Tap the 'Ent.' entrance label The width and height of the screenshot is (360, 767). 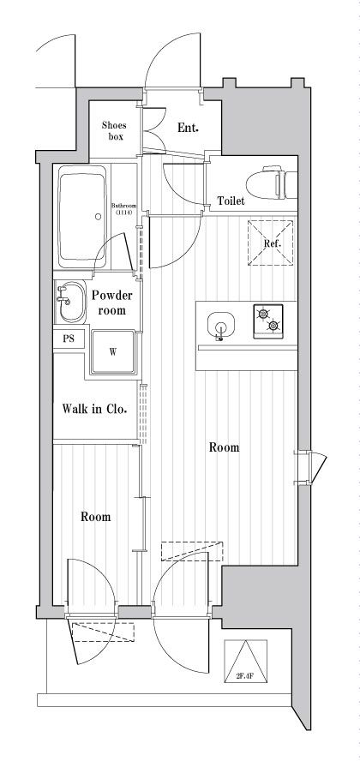coord(188,128)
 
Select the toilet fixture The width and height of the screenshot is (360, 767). coord(271,185)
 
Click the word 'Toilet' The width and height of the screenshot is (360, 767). coord(231,201)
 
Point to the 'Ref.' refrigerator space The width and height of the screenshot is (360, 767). coord(271,243)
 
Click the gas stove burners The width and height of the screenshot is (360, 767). coord(267,321)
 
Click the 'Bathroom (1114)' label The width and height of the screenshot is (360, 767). coord(123,209)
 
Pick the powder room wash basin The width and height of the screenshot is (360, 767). coord(70,302)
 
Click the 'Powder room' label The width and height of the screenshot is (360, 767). coord(112,303)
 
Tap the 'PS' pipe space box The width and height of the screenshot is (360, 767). coord(69,339)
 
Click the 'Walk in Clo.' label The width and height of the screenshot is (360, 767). coord(94,409)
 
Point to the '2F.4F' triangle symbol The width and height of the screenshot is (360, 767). coord(246,662)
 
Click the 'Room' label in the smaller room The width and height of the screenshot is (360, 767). coord(95,517)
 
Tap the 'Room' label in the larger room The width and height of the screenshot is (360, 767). coord(225,447)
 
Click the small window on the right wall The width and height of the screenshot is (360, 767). coord(310,467)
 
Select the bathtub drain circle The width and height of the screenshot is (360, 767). coord(98,216)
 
